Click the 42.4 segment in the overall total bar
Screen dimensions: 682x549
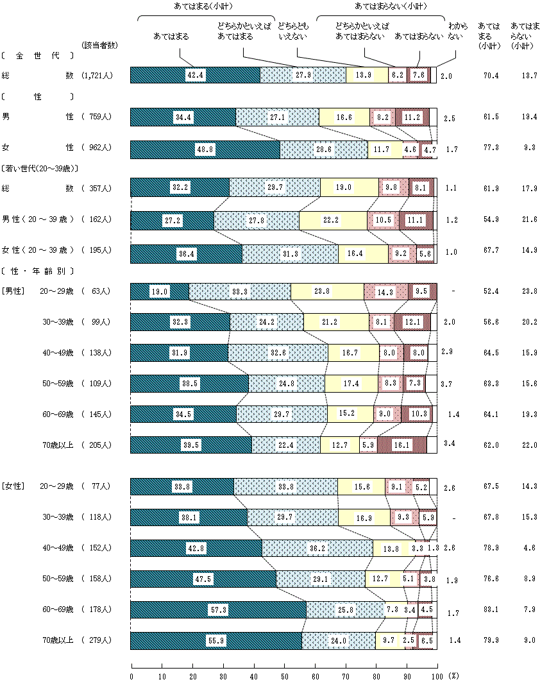[x=195, y=75]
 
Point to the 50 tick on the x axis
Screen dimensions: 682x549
[x=285, y=676]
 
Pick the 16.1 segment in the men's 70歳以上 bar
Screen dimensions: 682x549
[x=402, y=445]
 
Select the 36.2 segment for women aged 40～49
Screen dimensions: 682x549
[x=317, y=548]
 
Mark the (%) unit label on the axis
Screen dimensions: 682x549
[x=453, y=676]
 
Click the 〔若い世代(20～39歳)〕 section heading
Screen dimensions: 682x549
[x=40, y=168]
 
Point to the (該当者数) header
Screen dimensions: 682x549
[x=98, y=45]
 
